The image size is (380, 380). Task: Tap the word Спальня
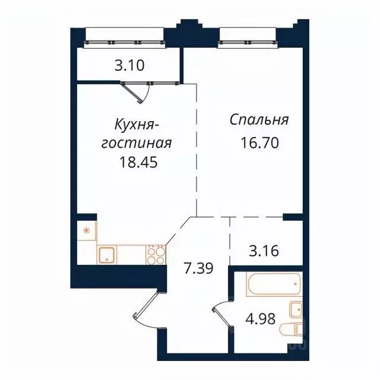pos(259,121)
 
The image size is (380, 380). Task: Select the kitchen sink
pos(109,255)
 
